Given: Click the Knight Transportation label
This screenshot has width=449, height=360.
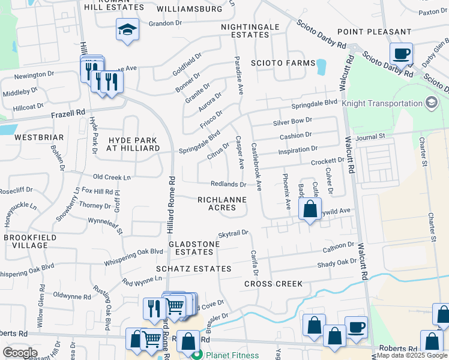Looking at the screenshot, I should click(x=382, y=103).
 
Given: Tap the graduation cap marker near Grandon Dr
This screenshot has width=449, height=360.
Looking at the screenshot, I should click(x=127, y=30).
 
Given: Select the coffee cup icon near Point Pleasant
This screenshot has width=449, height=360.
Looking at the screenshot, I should click(x=402, y=53).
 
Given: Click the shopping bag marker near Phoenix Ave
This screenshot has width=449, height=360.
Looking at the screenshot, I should click(x=310, y=210).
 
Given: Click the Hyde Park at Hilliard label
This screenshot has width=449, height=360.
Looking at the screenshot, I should click(x=132, y=144).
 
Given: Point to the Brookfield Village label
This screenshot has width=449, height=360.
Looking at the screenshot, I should click(x=26, y=241).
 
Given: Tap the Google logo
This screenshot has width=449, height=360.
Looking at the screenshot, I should click(x=20, y=353).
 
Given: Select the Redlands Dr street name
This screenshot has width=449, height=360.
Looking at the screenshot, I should click(x=228, y=184).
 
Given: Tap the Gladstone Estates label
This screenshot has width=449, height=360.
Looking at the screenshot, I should click(x=191, y=248).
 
